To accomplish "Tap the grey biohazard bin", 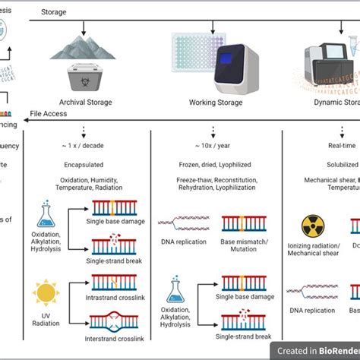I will coord(84,76).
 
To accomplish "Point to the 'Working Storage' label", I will coord(216,103).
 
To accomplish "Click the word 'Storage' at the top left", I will coord(54,12).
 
